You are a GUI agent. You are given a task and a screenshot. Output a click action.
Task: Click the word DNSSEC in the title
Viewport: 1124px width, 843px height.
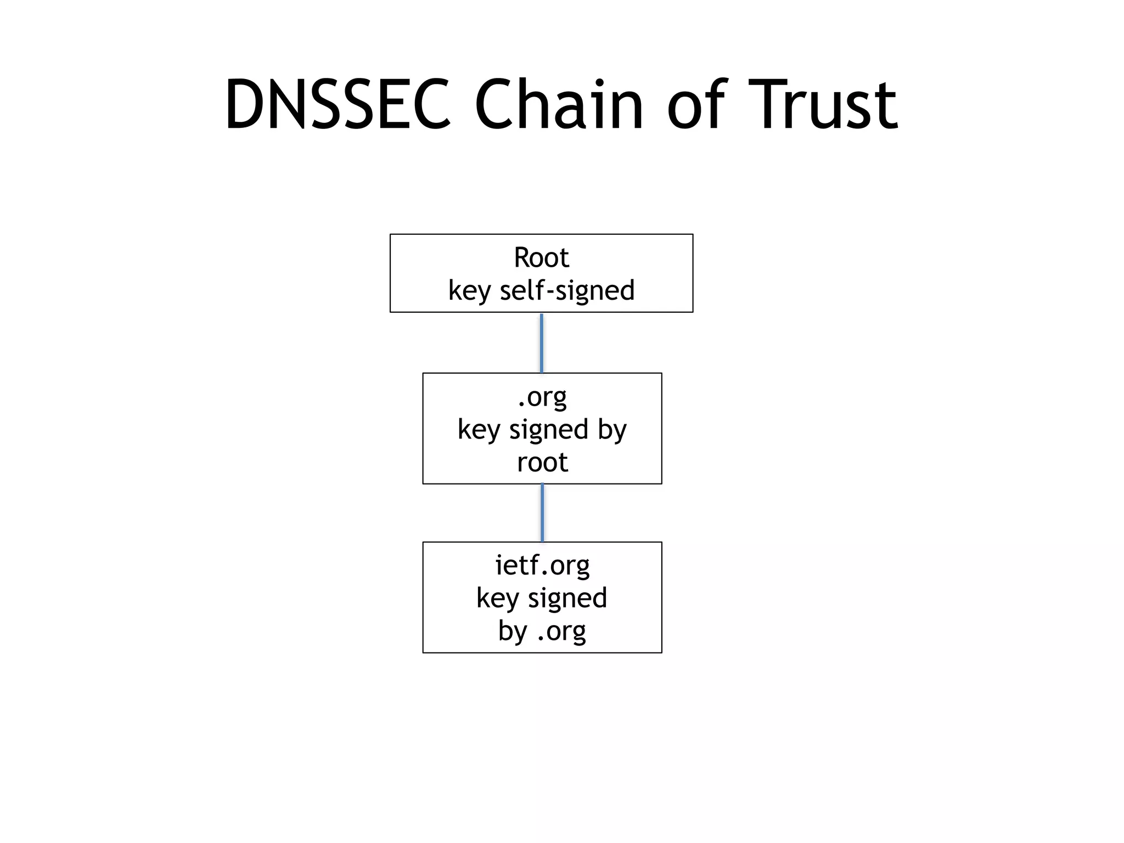click(x=338, y=105)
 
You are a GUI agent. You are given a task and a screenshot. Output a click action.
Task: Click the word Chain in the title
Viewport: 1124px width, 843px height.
click(x=558, y=105)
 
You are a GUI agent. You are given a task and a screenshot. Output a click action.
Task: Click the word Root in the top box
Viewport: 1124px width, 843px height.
click(x=541, y=257)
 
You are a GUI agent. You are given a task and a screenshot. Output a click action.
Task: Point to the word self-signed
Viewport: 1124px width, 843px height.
click(x=567, y=290)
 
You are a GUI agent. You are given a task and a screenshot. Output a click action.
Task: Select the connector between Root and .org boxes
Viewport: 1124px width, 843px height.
click(x=542, y=343)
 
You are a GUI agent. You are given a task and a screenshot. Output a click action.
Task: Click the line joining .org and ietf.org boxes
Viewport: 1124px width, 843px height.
click(x=542, y=513)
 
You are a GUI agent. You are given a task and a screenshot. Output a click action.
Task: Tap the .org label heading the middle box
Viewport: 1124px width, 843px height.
click(x=542, y=397)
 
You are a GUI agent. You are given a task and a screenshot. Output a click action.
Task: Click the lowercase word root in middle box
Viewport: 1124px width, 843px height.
click(x=542, y=462)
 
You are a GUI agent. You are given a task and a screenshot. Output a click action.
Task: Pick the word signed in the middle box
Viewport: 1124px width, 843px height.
click(x=548, y=430)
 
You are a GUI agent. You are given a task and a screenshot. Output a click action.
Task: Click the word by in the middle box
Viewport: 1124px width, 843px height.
click(x=612, y=430)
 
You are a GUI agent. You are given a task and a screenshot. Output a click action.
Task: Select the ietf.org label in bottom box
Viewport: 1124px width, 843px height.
click(x=542, y=565)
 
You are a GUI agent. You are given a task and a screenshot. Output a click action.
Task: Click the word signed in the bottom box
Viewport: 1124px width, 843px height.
click(x=567, y=598)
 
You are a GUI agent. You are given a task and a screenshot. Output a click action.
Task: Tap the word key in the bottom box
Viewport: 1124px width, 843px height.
click(x=497, y=599)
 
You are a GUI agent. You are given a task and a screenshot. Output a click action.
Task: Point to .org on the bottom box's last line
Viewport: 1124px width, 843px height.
click(x=561, y=632)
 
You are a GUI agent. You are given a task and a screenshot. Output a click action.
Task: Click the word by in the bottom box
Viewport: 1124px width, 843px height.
click(x=513, y=631)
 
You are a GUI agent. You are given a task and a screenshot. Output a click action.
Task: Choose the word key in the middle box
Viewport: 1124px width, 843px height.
click(x=479, y=430)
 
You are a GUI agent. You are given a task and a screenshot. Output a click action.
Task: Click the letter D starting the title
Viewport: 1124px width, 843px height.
click(x=243, y=105)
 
